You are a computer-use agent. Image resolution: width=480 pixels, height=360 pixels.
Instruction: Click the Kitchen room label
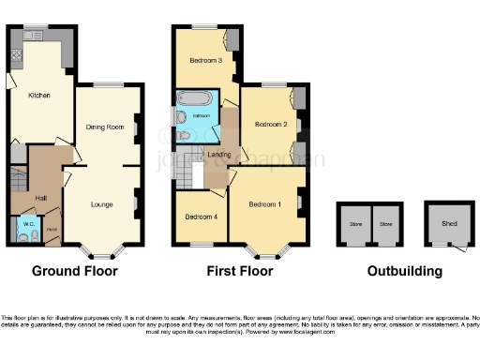click(38, 95)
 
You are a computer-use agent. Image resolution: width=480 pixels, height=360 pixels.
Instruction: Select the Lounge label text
click(102, 202)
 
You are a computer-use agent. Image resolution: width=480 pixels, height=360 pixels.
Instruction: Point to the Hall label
click(41, 198)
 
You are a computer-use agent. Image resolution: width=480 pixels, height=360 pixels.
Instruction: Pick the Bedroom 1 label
click(265, 204)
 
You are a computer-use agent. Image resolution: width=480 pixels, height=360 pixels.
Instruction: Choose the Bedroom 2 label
click(267, 123)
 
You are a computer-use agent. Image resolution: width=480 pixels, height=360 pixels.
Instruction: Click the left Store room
click(355, 225)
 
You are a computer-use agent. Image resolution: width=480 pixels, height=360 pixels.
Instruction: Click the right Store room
click(384, 225)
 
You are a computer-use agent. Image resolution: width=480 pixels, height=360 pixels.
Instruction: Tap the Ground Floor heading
click(75, 272)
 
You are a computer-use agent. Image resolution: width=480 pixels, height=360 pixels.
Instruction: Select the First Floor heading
click(240, 272)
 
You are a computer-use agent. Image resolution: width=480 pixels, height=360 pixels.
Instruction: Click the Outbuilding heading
click(405, 272)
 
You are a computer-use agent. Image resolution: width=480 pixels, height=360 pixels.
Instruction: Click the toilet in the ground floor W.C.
click(21, 238)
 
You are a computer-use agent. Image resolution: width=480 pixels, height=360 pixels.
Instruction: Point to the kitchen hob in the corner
click(16, 54)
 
